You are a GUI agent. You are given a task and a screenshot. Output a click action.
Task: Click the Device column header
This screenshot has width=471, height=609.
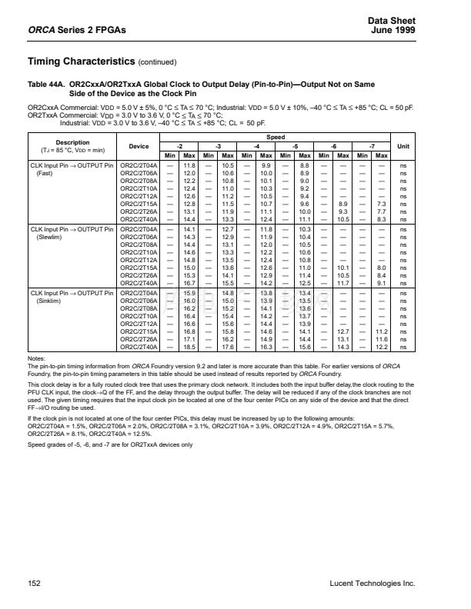(139, 145)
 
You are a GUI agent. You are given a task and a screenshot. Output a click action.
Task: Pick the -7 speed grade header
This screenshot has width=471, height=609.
(372, 145)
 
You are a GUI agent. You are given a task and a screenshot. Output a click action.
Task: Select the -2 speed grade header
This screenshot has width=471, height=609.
(179, 145)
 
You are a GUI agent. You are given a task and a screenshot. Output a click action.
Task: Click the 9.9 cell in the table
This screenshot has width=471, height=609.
(266, 165)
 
